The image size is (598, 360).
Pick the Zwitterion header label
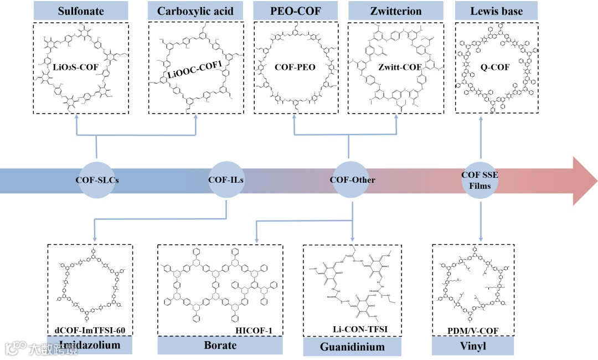pos(397,11)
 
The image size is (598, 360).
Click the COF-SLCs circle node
pos(97,180)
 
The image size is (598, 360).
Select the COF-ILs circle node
pos(226,180)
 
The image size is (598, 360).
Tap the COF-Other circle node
pos(352,180)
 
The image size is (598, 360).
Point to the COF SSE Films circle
pos(480,180)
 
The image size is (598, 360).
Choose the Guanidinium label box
pos(352,347)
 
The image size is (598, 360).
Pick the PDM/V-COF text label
pos(473,331)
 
